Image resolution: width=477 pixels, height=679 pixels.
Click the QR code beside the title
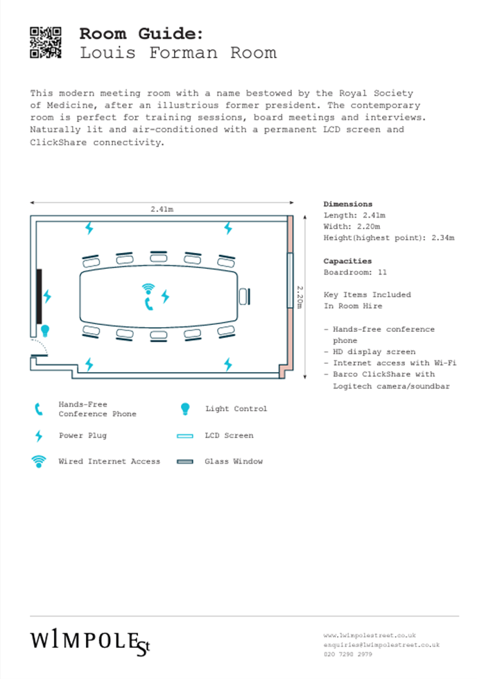(x=46, y=42)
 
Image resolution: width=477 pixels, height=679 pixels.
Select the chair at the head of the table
(x=244, y=296)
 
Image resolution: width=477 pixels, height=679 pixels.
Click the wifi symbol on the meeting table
(x=148, y=288)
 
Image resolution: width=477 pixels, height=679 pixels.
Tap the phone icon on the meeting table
(x=148, y=303)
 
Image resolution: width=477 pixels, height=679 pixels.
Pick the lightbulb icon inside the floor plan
(x=45, y=330)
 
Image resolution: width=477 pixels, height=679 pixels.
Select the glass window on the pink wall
(x=289, y=279)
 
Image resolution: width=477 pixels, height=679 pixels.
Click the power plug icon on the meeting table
(x=164, y=297)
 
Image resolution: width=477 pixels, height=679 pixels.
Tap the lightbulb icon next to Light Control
(x=184, y=409)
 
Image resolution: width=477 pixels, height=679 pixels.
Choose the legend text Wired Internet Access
(x=109, y=461)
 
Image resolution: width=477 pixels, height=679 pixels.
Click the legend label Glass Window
(x=234, y=461)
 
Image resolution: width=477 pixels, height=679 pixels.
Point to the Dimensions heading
(x=347, y=204)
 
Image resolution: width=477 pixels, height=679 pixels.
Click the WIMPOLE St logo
(x=89, y=642)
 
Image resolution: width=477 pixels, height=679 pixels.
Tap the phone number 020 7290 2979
(x=347, y=654)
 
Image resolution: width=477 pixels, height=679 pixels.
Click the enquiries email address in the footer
(x=381, y=644)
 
